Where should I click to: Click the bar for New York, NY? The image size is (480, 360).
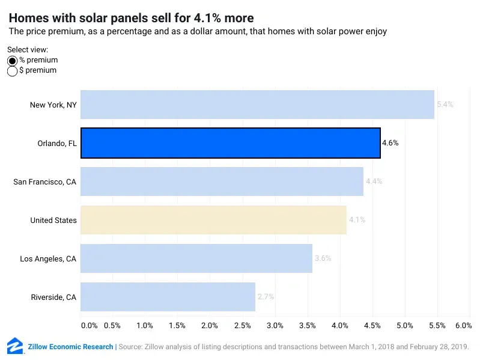(257, 105)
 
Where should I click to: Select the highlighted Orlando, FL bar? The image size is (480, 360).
(231, 143)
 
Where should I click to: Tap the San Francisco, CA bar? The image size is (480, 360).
(222, 182)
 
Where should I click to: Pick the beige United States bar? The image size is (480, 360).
(213, 220)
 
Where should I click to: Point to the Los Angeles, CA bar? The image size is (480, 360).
(196, 258)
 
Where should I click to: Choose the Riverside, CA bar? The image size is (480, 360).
(168, 297)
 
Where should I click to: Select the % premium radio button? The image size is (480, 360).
(13, 61)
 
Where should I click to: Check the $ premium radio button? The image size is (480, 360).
(13, 71)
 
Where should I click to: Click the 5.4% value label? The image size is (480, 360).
(445, 105)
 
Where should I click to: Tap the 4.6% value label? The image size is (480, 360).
(390, 143)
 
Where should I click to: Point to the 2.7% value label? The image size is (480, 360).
(266, 297)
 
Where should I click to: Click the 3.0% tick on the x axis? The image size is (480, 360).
(275, 325)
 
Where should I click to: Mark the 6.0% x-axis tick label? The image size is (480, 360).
(463, 325)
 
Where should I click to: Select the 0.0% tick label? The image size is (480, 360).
(88, 325)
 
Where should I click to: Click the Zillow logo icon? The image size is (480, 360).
(15, 346)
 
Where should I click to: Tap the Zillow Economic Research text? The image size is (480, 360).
(70, 347)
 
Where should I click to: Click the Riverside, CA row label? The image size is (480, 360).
(53, 297)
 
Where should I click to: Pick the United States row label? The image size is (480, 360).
(53, 221)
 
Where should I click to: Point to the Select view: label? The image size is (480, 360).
(28, 50)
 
